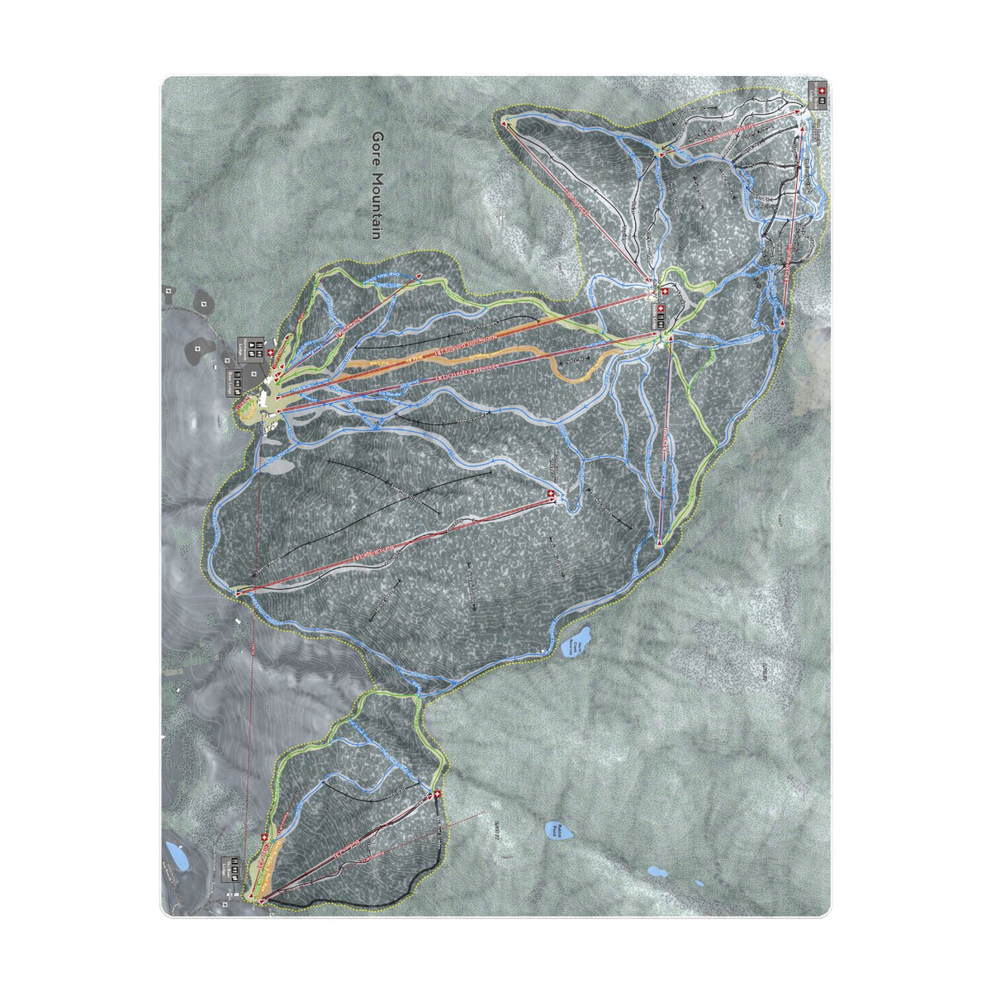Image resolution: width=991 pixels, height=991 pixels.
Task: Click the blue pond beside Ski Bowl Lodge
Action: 173,851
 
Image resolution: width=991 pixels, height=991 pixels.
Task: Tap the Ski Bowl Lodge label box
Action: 236,870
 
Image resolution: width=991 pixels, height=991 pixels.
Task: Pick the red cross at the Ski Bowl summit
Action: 437,794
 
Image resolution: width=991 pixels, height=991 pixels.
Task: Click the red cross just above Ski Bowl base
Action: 264,839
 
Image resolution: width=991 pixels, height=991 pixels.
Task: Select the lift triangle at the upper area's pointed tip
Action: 504,121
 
